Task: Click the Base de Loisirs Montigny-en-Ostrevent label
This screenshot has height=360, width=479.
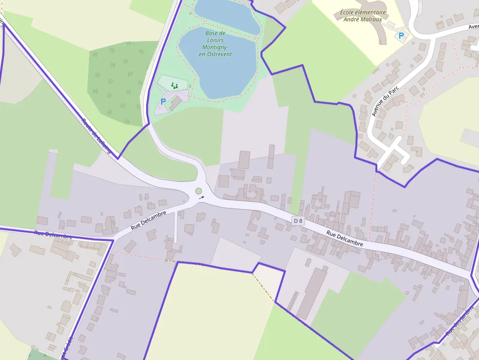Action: click(215, 43)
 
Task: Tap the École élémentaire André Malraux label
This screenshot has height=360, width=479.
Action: click(363, 16)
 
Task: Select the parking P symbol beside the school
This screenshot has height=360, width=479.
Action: click(401, 36)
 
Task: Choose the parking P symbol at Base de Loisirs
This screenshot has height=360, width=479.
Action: click(163, 102)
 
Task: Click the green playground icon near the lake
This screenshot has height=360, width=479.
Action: click(174, 85)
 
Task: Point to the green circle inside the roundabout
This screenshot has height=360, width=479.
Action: click(198, 191)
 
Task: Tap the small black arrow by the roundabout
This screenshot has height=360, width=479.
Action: click(202, 198)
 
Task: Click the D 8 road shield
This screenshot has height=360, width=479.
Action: click(298, 221)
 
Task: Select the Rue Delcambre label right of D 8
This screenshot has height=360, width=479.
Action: click(345, 238)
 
